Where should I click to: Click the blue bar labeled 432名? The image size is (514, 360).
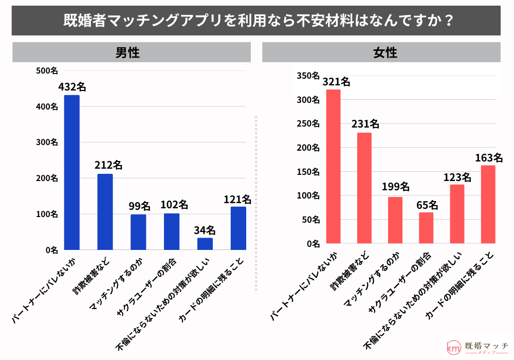click(71, 172)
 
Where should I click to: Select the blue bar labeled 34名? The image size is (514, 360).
click(205, 244)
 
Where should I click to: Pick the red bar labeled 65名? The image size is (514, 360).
click(426, 228)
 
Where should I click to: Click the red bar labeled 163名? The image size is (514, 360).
click(488, 204)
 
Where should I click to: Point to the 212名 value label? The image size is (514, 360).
click(108, 166)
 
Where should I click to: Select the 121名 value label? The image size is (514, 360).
click(237, 199)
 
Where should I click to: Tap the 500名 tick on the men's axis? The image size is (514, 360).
click(47, 70)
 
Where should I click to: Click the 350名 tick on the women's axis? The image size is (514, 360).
click(308, 76)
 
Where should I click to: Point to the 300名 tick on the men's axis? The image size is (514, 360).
click(47, 142)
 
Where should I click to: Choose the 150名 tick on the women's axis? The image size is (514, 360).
click(308, 172)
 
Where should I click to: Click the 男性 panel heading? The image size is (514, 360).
click(127, 52)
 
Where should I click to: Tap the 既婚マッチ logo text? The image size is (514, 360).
click(485, 346)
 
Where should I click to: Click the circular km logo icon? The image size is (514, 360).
click(453, 348)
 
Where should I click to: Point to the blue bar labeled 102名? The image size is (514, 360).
click(172, 231)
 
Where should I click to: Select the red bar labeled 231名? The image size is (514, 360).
click(364, 188)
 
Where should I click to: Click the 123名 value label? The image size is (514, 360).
click(457, 177)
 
